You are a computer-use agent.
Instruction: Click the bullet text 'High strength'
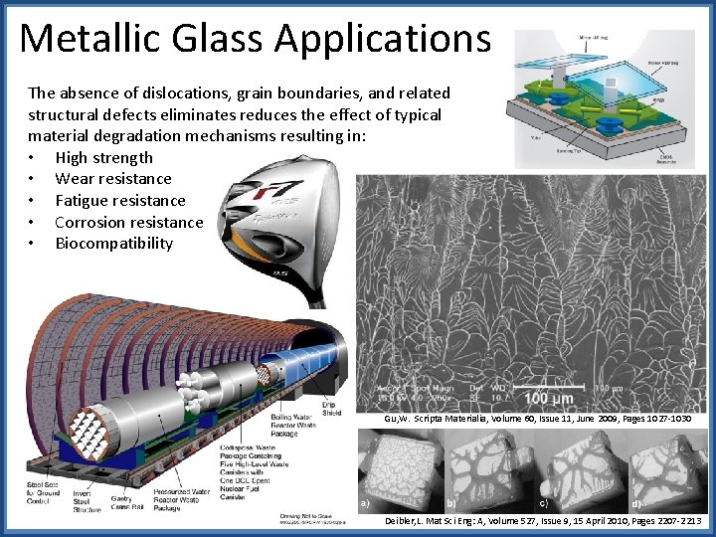[104, 157]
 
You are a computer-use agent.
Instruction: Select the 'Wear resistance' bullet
[113, 179]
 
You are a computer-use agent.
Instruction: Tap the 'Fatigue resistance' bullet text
[120, 200]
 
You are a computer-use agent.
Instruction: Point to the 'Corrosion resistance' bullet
[128, 222]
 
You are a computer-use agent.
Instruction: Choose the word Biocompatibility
[114, 243]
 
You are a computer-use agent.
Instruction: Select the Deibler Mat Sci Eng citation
[542, 520]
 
